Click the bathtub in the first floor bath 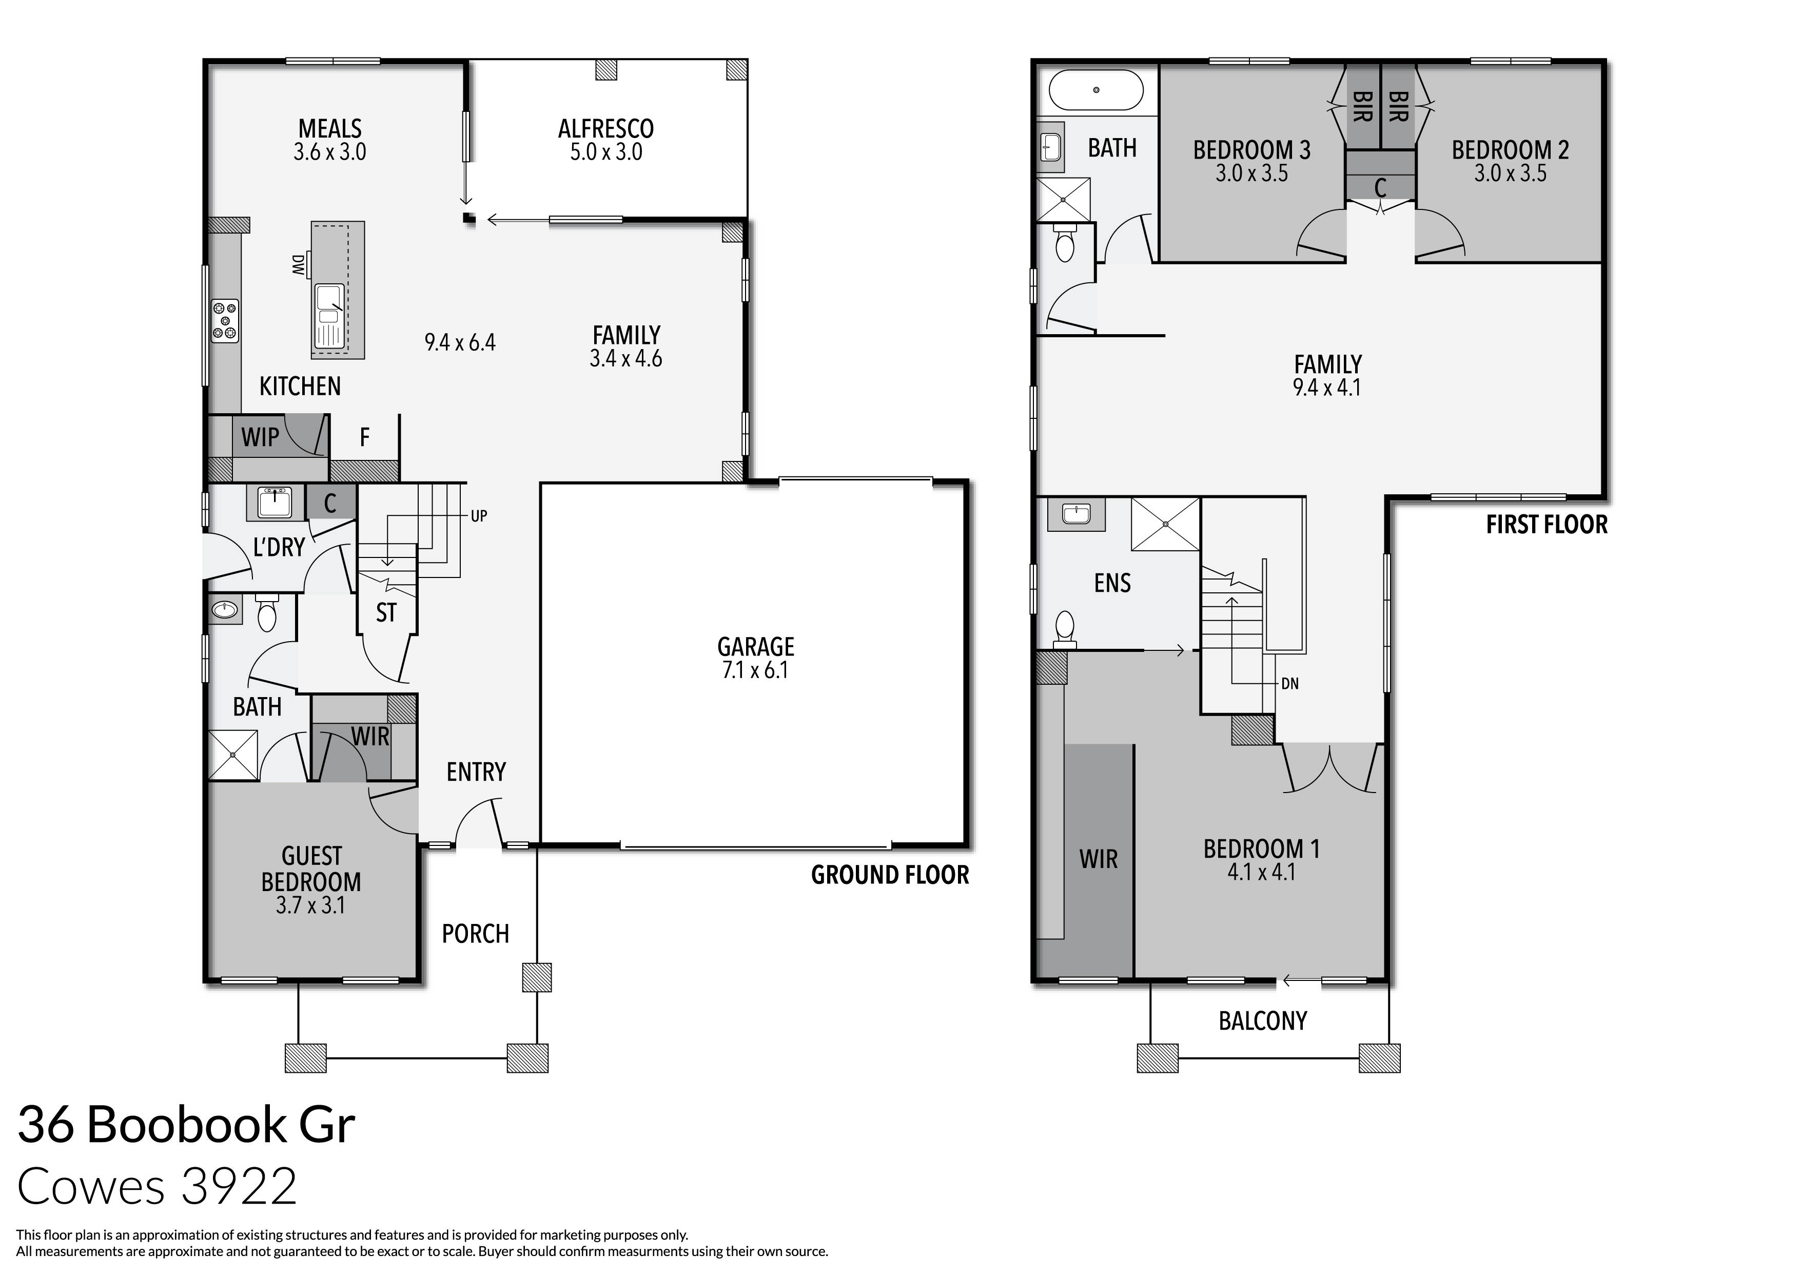pos(1096,90)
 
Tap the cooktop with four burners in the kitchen pos(225,321)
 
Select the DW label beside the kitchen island pos(298,265)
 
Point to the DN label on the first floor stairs pos(1289,684)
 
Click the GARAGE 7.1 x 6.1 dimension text pos(755,670)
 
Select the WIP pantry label pos(260,437)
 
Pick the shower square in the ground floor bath pos(233,755)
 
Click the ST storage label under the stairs pos(386,612)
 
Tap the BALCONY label pos(1262,1020)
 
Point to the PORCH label pos(475,933)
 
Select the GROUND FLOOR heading pos(889,875)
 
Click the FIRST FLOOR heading pos(1546,525)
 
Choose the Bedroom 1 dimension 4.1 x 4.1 pos(1261,872)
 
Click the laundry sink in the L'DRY pos(275,502)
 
